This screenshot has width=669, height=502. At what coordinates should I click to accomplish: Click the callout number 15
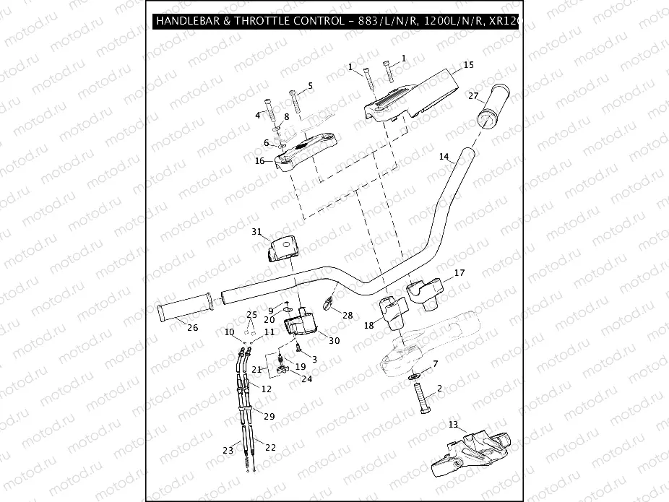(x=468, y=65)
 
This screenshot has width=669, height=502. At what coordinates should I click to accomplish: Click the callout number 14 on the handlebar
(x=444, y=157)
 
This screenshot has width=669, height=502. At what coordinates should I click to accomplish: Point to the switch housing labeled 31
(x=285, y=250)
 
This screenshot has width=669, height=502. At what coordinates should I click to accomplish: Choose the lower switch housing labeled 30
(x=301, y=321)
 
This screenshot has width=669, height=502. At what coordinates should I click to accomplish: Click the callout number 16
(x=259, y=162)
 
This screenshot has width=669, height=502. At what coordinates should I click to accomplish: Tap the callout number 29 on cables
(x=269, y=417)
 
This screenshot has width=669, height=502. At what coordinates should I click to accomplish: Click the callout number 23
(x=228, y=450)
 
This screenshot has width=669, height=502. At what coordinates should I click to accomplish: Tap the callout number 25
(x=251, y=315)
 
